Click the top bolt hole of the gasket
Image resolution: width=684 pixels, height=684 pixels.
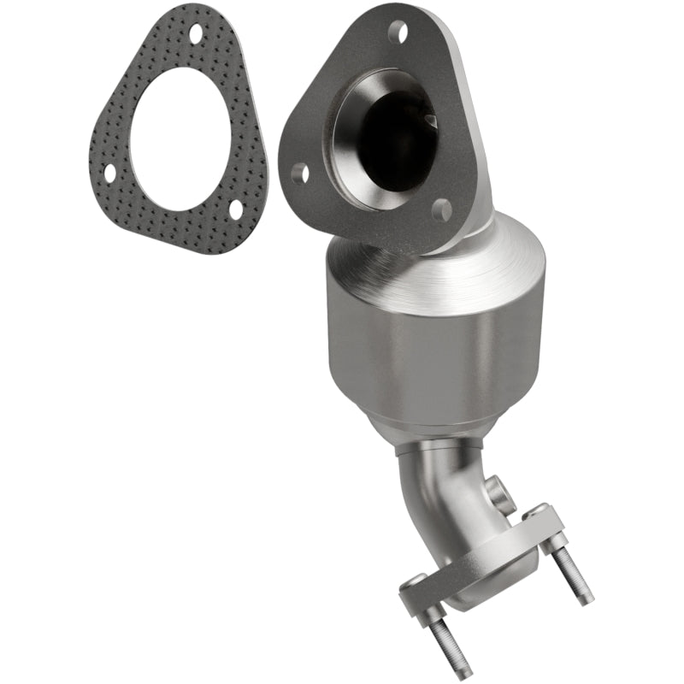(x=196, y=34)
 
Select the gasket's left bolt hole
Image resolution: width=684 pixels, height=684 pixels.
(x=109, y=172)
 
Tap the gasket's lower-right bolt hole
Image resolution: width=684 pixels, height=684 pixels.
(x=235, y=208)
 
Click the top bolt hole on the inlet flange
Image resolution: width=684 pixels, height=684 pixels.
(x=398, y=32)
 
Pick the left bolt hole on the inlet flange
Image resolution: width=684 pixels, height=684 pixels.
(x=299, y=174)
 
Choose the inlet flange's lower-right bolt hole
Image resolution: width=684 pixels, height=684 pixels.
(x=441, y=209)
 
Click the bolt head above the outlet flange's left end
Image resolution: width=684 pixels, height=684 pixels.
(x=412, y=581)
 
